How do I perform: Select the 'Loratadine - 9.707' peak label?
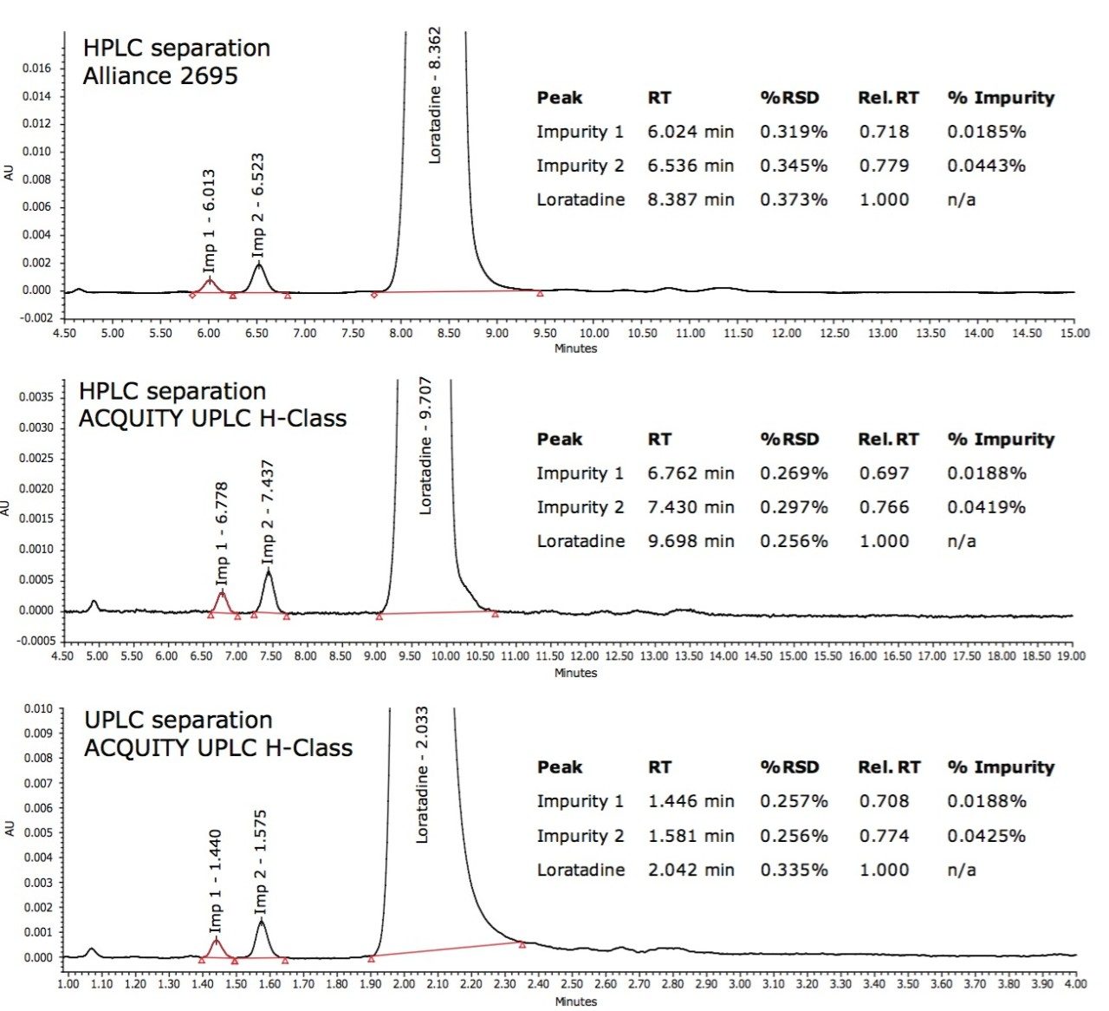coord(425,446)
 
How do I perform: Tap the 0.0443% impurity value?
coord(986,166)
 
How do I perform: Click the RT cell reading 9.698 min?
coord(691,541)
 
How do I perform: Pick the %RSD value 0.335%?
coord(794,870)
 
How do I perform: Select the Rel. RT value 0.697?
coord(884,473)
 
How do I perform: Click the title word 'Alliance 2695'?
coord(160,76)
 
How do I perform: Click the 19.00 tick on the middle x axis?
coord(1072,656)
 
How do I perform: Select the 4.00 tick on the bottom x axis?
coord(1075,984)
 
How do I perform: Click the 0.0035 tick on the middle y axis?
coord(36,397)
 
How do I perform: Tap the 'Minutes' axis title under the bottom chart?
coord(575,1001)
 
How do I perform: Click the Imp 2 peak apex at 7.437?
coord(269,571)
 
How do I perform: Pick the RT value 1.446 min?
coord(691,801)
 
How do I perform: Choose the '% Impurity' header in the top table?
coord(1001,98)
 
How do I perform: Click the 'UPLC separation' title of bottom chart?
coord(178,721)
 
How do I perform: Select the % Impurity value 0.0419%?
coord(986,507)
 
